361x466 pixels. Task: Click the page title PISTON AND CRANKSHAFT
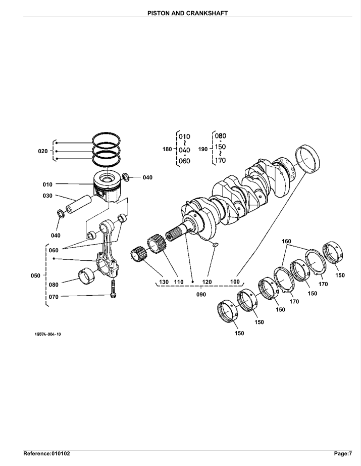tap(188, 13)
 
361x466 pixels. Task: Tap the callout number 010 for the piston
tap(47, 184)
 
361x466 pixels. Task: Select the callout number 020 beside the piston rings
tap(43, 151)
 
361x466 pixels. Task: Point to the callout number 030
tap(47, 196)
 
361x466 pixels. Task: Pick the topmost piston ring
tap(106, 139)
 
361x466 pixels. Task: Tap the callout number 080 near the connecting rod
tap(54, 285)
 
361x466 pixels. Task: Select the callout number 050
tap(36, 275)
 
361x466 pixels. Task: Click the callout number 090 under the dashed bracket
tap(201, 295)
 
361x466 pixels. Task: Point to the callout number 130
tap(164, 282)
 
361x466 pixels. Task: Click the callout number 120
tap(207, 282)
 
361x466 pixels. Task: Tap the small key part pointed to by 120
tap(216, 245)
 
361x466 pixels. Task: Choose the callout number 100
tap(235, 282)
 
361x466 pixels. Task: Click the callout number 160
tap(286, 241)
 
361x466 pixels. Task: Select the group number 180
tap(167, 149)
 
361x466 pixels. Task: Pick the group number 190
tap(203, 149)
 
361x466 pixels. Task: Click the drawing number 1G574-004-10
tap(48, 334)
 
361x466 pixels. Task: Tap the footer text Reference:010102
tap(46, 453)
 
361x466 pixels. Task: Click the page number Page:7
tap(343, 453)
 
